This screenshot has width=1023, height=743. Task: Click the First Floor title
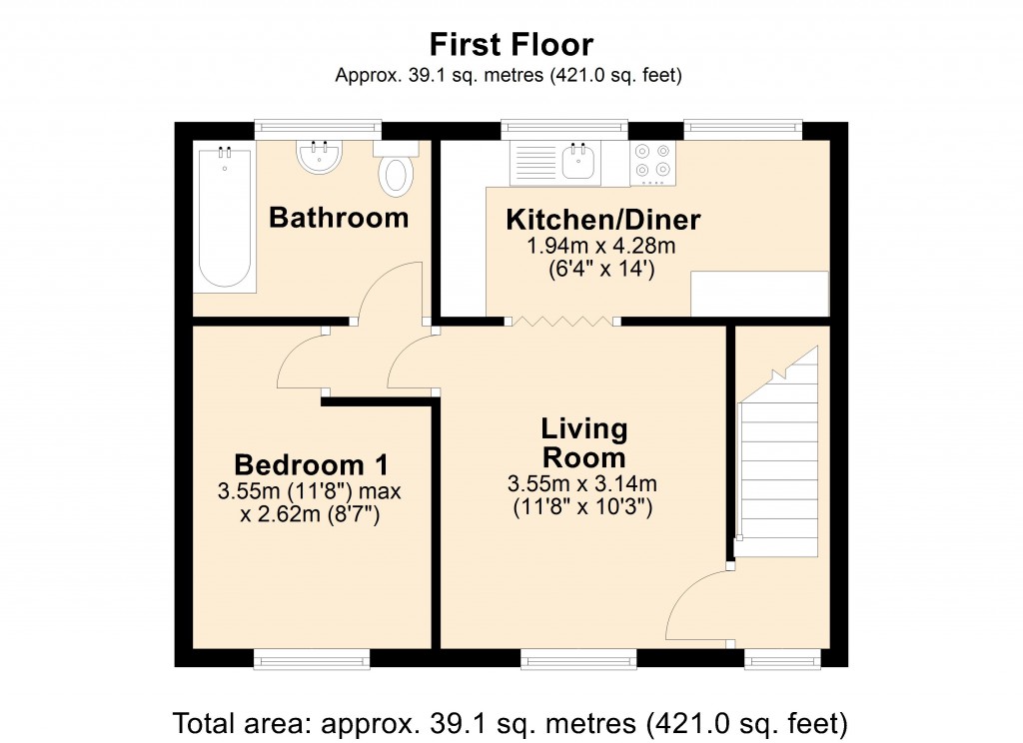[511, 45]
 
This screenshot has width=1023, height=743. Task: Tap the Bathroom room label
[339, 217]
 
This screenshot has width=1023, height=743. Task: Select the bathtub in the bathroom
[225, 217]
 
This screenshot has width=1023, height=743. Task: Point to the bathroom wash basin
[320, 157]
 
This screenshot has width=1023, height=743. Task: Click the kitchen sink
[580, 163]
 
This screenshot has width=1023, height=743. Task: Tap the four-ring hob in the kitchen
[653, 163]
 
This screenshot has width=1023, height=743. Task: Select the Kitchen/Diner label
[602, 220]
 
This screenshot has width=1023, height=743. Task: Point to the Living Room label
[583, 443]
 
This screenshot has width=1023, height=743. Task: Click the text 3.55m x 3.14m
[582, 485]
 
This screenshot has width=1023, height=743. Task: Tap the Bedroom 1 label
[311, 465]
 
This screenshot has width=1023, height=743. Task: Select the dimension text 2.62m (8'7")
[311, 515]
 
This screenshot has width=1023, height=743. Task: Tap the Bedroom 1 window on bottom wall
[311, 658]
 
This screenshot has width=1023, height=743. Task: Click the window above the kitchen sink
[564, 129]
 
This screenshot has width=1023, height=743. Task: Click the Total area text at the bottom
[511, 721]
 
